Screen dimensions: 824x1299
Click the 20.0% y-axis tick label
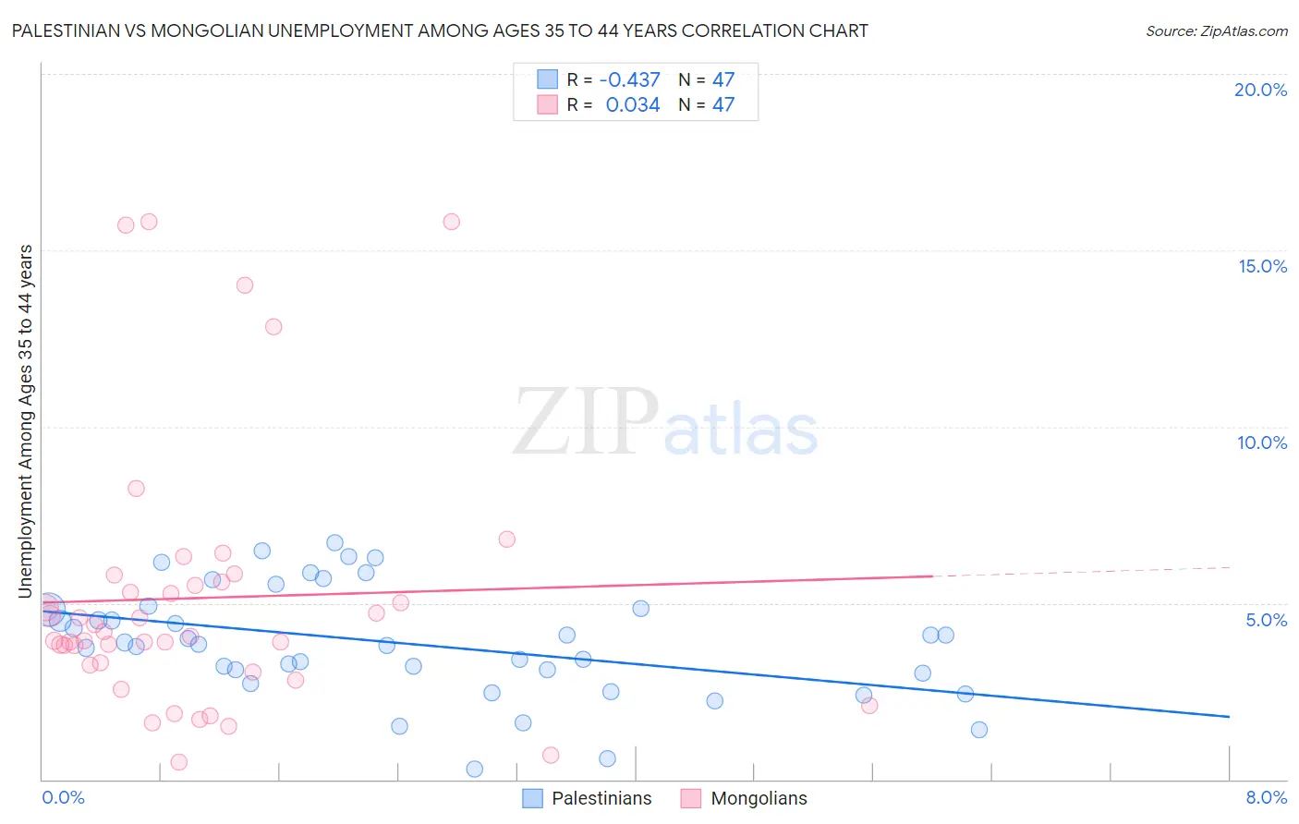point(1260,90)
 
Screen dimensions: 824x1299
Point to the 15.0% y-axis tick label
point(1262,266)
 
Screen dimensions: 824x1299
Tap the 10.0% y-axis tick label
point(1262,442)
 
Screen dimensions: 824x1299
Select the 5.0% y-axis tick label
point(1266,620)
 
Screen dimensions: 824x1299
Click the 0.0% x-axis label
point(63,797)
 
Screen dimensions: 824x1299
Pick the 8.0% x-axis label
point(1266,797)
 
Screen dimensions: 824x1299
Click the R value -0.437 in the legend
point(629,80)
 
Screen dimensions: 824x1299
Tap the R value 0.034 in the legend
point(633,105)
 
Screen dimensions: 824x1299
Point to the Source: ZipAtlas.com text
point(1216,30)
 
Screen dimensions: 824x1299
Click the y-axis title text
point(25,420)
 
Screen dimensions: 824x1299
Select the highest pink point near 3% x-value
point(452,222)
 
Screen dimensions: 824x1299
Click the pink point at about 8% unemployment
point(136,489)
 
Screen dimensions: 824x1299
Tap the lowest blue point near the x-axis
point(475,769)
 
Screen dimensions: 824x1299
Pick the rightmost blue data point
point(979,730)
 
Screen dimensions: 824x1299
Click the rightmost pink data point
point(869,706)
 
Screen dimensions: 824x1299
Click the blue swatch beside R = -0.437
point(548,79)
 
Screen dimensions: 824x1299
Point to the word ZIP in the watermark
point(585,422)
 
